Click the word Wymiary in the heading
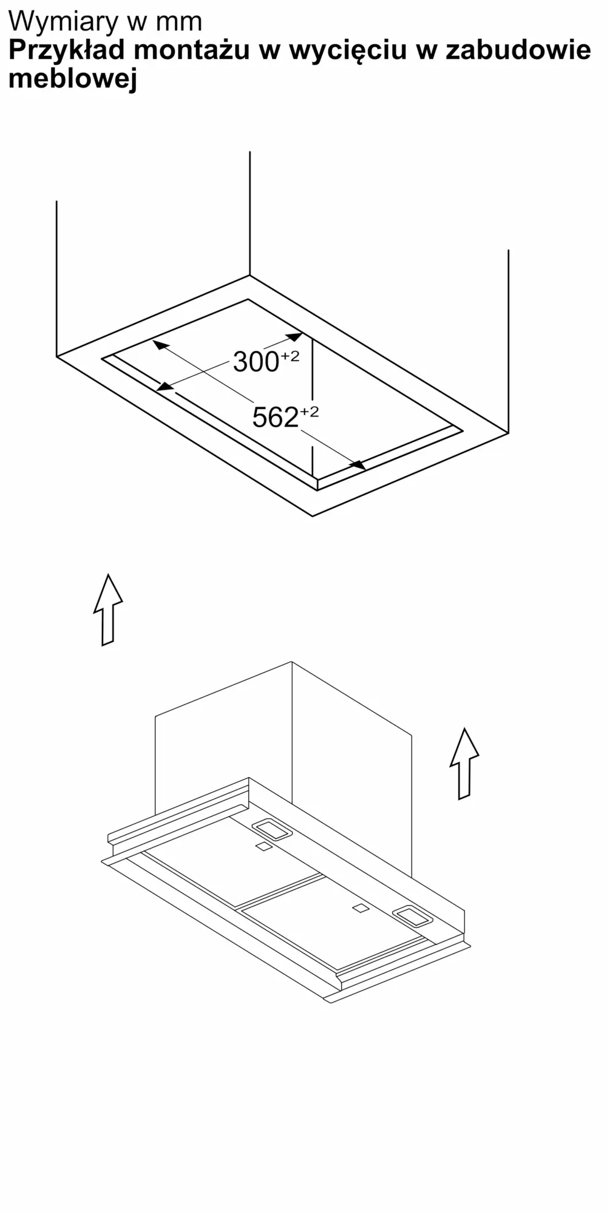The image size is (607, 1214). (64, 22)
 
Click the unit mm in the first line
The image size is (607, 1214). (179, 23)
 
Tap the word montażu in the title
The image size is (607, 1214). (192, 50)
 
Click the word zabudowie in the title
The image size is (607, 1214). (518, 50)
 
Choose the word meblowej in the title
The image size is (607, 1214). (72, 79)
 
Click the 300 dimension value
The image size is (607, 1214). (256, 362)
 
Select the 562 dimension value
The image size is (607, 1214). (275, 418)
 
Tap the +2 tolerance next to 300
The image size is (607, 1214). (290, 356)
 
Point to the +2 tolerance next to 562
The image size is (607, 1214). (309, 412)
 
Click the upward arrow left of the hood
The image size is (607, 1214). (108, 609)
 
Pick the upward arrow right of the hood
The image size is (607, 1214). (464, 764)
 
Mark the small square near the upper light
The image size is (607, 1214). (263, 846)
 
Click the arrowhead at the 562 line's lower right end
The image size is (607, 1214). (358, 465)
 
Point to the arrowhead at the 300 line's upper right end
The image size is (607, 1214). (294, 337)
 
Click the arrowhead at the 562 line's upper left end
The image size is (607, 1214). (160, 345)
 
